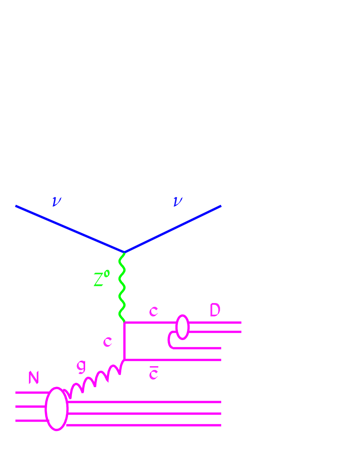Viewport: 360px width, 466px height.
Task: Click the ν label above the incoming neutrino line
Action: click(x=57, y=202)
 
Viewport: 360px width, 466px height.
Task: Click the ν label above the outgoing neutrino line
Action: click(x=178, y=201)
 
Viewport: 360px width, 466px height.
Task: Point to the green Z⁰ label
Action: click(x=101, y=279)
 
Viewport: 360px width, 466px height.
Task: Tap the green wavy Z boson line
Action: click(x=122, y=288)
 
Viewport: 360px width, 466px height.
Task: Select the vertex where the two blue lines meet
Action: click(x=124, y=252)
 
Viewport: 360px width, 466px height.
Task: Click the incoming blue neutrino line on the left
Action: click(x=70, y=229)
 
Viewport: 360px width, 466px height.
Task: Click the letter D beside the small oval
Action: click(x=215, y=311)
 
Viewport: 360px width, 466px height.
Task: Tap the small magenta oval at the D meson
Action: click(x=182, y=327)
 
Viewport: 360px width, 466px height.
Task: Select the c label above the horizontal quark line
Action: click(x=154, y=311)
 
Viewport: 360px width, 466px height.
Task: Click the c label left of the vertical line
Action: click(x=107, y=342)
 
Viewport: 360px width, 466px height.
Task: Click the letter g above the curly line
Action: click(x=81, y=366)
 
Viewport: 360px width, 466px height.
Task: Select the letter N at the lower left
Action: click(x=34, y=377)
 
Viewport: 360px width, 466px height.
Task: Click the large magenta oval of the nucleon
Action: click(x=57, y=408)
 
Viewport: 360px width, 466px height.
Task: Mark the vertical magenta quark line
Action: click(x=124, y=340)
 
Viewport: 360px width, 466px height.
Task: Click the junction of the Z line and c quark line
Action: click(x=124, y=322)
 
